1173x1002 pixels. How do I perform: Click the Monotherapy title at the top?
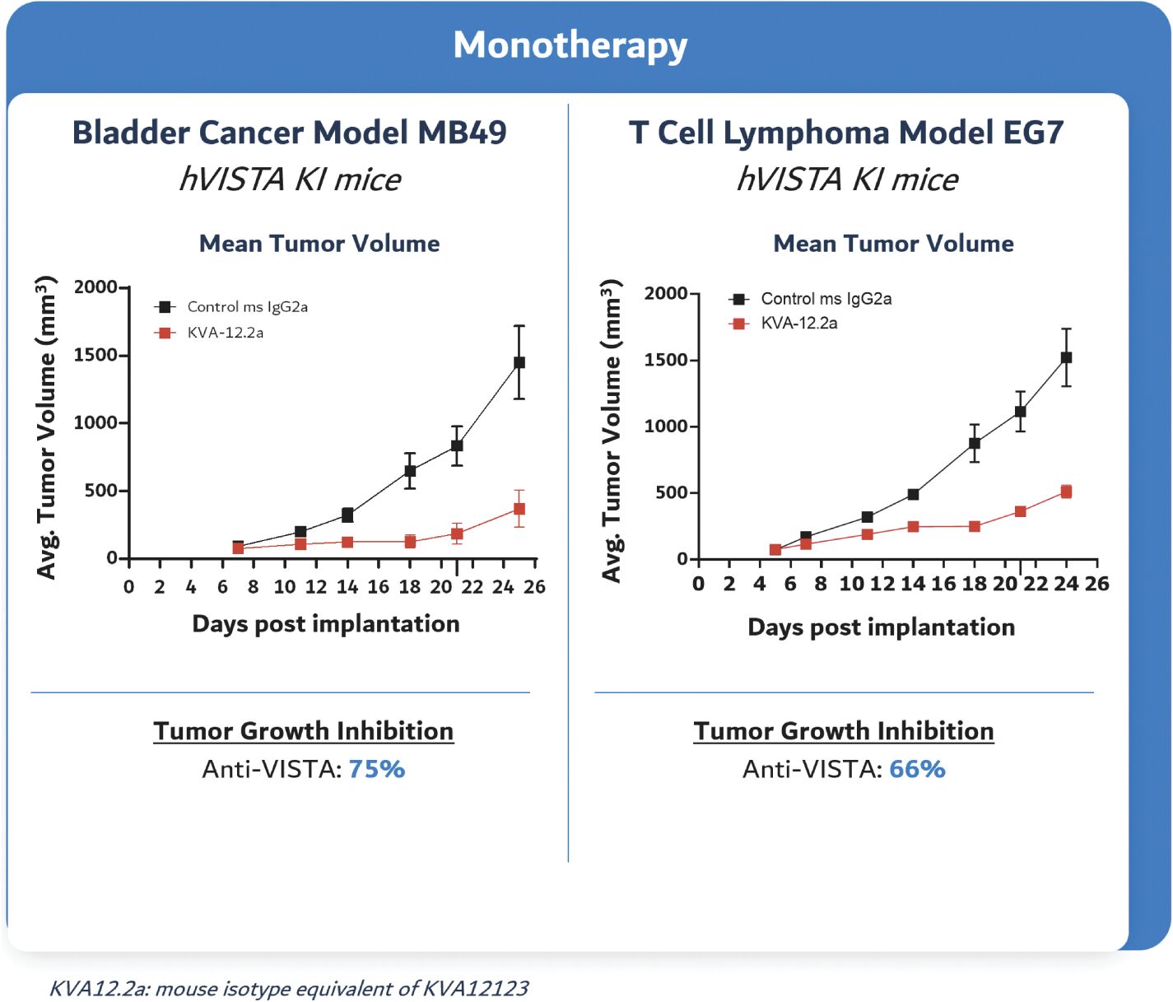point(570,45)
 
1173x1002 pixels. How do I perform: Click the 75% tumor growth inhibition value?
point(376,769)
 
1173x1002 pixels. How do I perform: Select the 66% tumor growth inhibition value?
point(917,769)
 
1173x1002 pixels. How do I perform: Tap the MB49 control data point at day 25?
point(519,362)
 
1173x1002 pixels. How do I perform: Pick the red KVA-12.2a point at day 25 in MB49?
point(519,509)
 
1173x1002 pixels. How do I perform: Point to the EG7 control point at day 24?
point(1066,357)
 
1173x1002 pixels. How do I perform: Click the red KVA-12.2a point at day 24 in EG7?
point(1066,492)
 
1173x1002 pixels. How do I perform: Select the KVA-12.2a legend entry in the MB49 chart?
point(225,333)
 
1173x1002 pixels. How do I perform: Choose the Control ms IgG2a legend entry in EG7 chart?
point(826,299)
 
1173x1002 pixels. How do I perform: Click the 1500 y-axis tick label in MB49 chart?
point(95,355)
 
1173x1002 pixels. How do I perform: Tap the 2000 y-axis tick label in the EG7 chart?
point(665,293)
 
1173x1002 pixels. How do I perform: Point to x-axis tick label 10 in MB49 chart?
point(285,587)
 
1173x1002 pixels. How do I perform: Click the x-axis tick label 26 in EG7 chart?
point(1096,584)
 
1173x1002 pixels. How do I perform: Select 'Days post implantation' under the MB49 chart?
point(326,624)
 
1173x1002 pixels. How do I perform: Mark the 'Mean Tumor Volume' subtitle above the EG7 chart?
point(893,244)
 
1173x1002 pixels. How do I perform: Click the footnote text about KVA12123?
point(289,988)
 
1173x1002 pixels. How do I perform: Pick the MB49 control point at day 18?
point(410,471)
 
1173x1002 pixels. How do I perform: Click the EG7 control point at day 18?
point(975,443)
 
